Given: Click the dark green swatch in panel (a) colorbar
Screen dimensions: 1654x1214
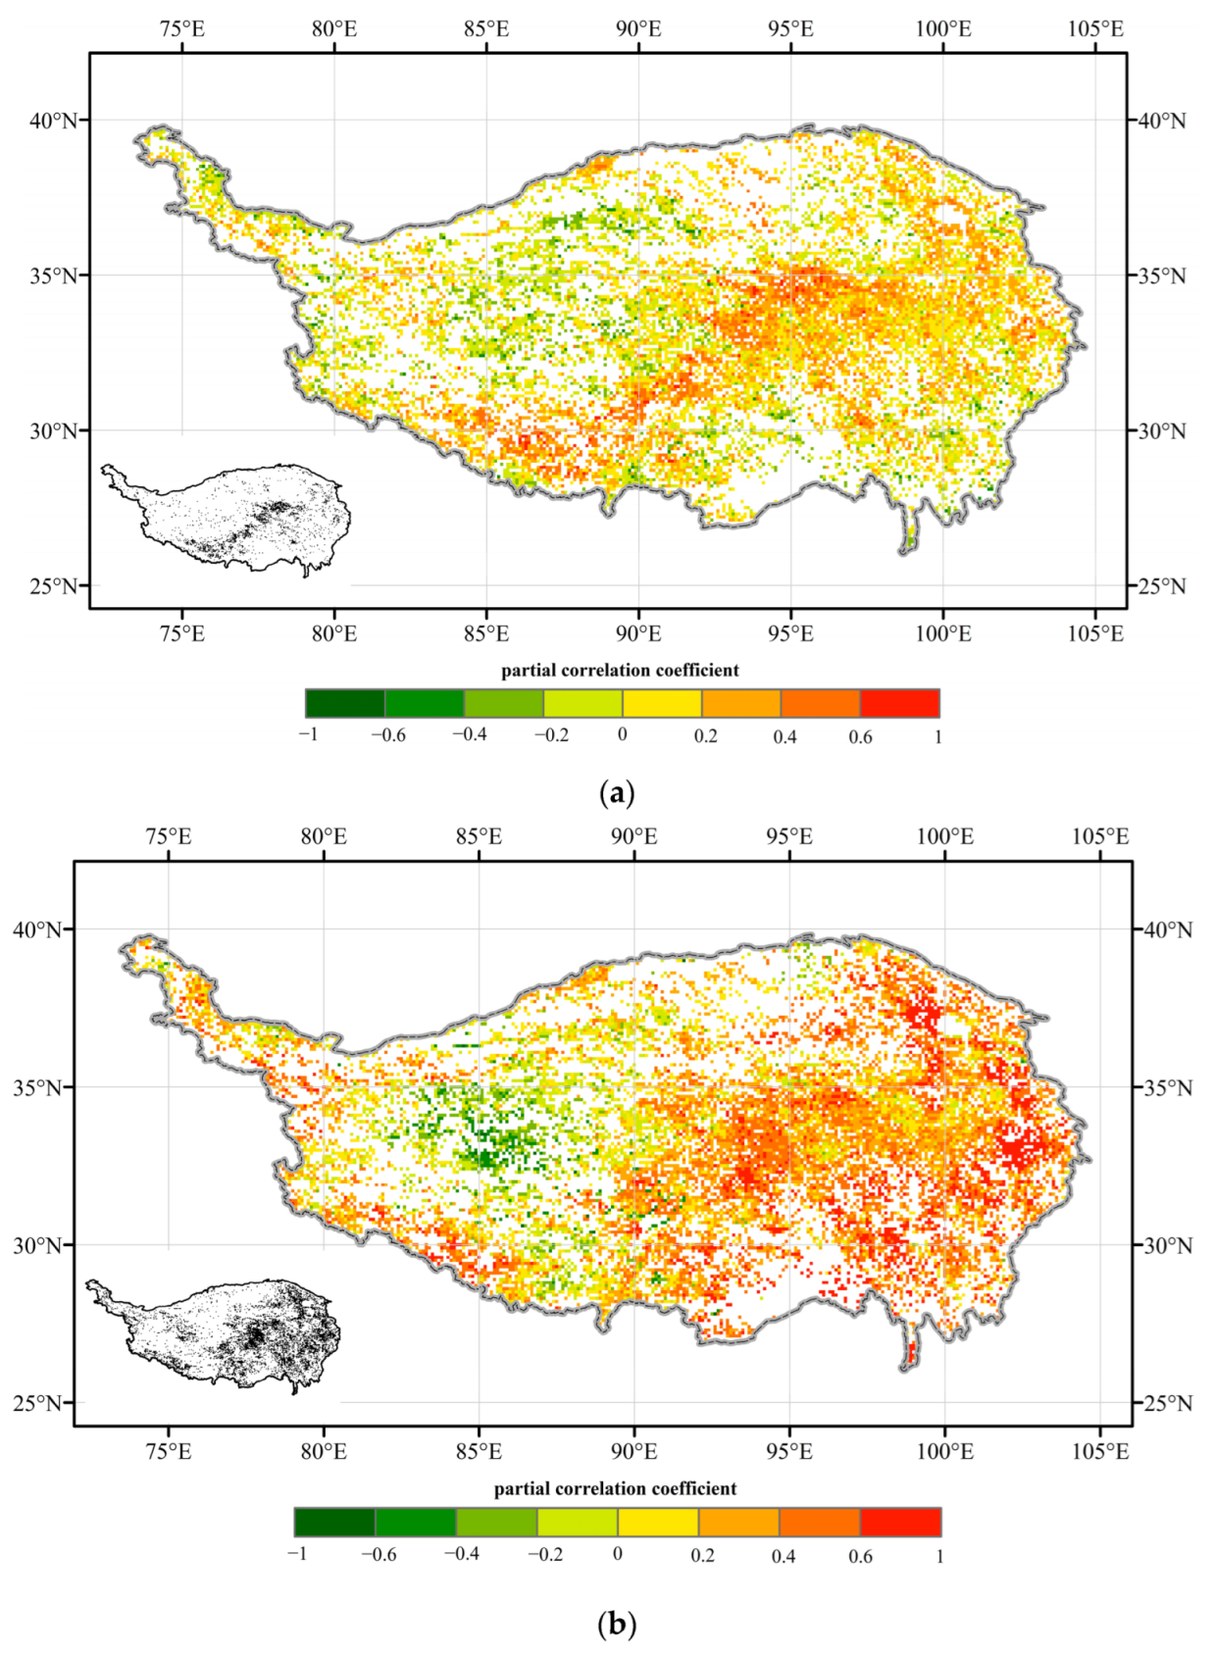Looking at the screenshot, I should click(x=345, y=703).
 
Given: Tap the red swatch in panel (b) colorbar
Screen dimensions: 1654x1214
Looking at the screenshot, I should click(x=900, y=1522).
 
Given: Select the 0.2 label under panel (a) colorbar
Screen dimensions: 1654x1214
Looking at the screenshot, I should click(x=706, y=736).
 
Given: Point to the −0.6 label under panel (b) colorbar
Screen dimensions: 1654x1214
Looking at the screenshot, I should click(x=379, y=1555).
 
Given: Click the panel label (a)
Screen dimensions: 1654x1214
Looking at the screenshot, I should click(x=616, y=793).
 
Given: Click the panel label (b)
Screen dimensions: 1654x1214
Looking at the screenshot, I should click(x=616, y=1625).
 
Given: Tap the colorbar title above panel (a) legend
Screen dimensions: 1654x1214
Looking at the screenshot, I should click(x=620, y=671).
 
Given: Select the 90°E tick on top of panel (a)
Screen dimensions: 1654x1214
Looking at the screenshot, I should click(x=638, y=29).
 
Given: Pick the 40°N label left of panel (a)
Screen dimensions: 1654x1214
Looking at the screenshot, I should click(x=53, y=121).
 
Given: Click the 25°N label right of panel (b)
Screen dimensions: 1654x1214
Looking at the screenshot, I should click(x=1168, y=1403).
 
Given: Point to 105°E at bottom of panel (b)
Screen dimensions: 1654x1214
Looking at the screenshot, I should click(x=1100, y=1452).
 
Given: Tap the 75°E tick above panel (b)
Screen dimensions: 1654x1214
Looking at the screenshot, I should click(x=169, y=837).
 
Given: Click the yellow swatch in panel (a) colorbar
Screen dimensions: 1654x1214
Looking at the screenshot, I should click(x=662, y=703).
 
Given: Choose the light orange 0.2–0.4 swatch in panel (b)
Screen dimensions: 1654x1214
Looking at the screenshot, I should click(x=738, y=1522).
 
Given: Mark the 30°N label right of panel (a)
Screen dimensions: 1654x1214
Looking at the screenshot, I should click(x=1162, y=431).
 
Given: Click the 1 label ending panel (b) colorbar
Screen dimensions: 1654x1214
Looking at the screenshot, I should click(x=939, y=1556).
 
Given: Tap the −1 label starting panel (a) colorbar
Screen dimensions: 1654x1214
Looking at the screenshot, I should click(x=309, y=734).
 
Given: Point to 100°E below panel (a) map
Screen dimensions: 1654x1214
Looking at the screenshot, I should click(x=943, y=634).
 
